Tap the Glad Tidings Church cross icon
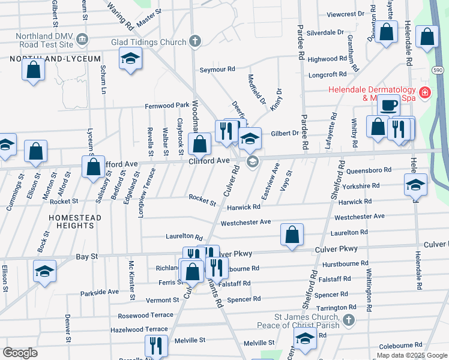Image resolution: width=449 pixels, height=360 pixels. (x=193, y=41)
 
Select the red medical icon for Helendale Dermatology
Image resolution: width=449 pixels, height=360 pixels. (x=425, y=92)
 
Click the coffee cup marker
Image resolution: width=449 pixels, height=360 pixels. (x=388, y=106)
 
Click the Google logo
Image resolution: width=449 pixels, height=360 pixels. (x=20, y=353)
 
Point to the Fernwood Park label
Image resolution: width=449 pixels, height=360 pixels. (x=167, y=106)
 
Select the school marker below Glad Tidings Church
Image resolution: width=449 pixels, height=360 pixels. (x=130, y=60)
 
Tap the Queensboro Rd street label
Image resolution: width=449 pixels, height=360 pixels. (x=373, y=170)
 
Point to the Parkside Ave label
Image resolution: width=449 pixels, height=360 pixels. (x=100, y=292)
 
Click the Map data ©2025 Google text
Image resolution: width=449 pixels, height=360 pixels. (x=411, y=355)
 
